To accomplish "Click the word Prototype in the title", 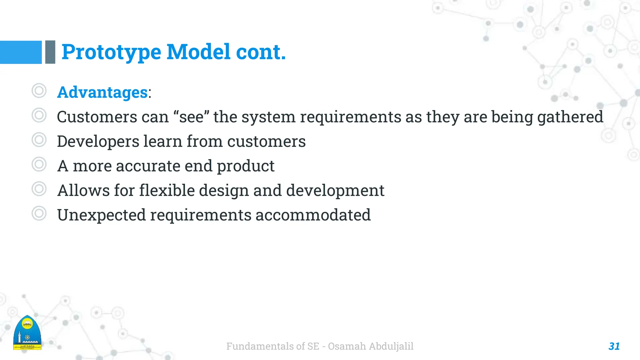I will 111,52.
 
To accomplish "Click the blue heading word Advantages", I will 102,92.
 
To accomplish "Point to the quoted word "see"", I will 191,117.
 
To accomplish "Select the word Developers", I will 98,142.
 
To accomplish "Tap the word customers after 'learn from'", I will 266,142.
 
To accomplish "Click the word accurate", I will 148,166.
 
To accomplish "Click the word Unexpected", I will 102,215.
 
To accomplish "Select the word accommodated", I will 313,215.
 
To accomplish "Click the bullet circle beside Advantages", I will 39,91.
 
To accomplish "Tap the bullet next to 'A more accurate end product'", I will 39,164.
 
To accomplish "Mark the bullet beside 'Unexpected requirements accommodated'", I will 39,214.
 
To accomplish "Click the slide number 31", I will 614,346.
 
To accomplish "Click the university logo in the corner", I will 27,333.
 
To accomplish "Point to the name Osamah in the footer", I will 347,346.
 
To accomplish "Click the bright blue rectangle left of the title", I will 21,52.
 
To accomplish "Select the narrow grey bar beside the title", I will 50,52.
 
